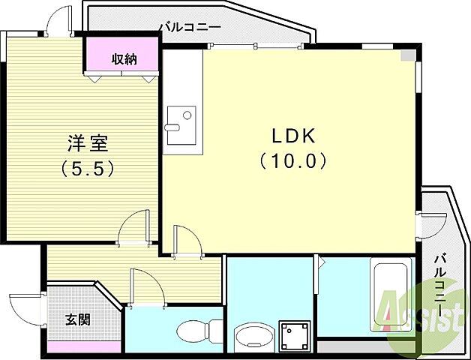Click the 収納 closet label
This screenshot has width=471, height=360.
point(124,58)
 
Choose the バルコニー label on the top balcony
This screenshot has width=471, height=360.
point(189,28)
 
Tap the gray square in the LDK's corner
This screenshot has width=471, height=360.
point(406,55)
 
